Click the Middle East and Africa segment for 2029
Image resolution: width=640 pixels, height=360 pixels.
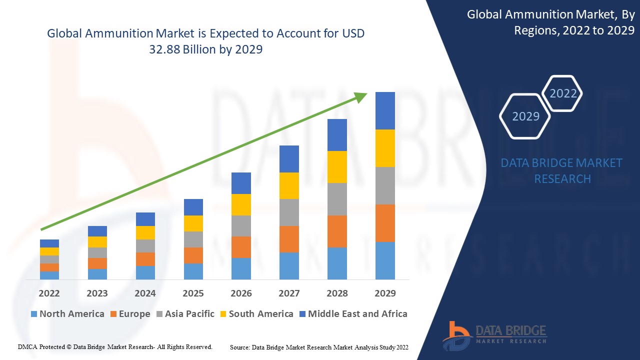[x=385, y=110]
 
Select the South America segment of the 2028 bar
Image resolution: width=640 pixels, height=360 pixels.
[x=337, y=167]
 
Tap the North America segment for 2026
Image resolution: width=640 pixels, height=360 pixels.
[x=241, y=268]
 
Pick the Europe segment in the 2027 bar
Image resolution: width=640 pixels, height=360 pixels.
[x=289, y=239]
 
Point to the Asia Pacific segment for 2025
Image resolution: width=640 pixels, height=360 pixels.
[x=193, y=239]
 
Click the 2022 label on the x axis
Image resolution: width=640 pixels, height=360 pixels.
[x=49, y=293]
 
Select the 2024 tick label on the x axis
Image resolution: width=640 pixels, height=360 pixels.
[x=145, y=293]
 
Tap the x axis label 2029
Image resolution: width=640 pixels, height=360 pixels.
[x=385, y=293]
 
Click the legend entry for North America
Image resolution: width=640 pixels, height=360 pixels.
[x=67, y=314]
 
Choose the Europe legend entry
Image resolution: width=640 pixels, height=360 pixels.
[x=129, y=314]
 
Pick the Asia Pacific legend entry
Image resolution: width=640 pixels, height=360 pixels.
[x=185, y=314]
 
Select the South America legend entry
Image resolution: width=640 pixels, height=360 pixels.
[x=256, y=314]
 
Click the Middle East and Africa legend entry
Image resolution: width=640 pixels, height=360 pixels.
[x=353, y=314]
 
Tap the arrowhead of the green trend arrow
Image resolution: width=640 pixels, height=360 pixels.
[x=361, y=96]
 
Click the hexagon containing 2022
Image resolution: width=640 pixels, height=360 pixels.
[x=563, y=93]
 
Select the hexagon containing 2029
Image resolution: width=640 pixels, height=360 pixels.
[x=525, y=116]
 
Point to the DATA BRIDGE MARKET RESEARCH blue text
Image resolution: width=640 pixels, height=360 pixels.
[x=562, y=170]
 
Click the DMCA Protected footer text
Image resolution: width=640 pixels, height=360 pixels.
[x=115, y=346]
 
